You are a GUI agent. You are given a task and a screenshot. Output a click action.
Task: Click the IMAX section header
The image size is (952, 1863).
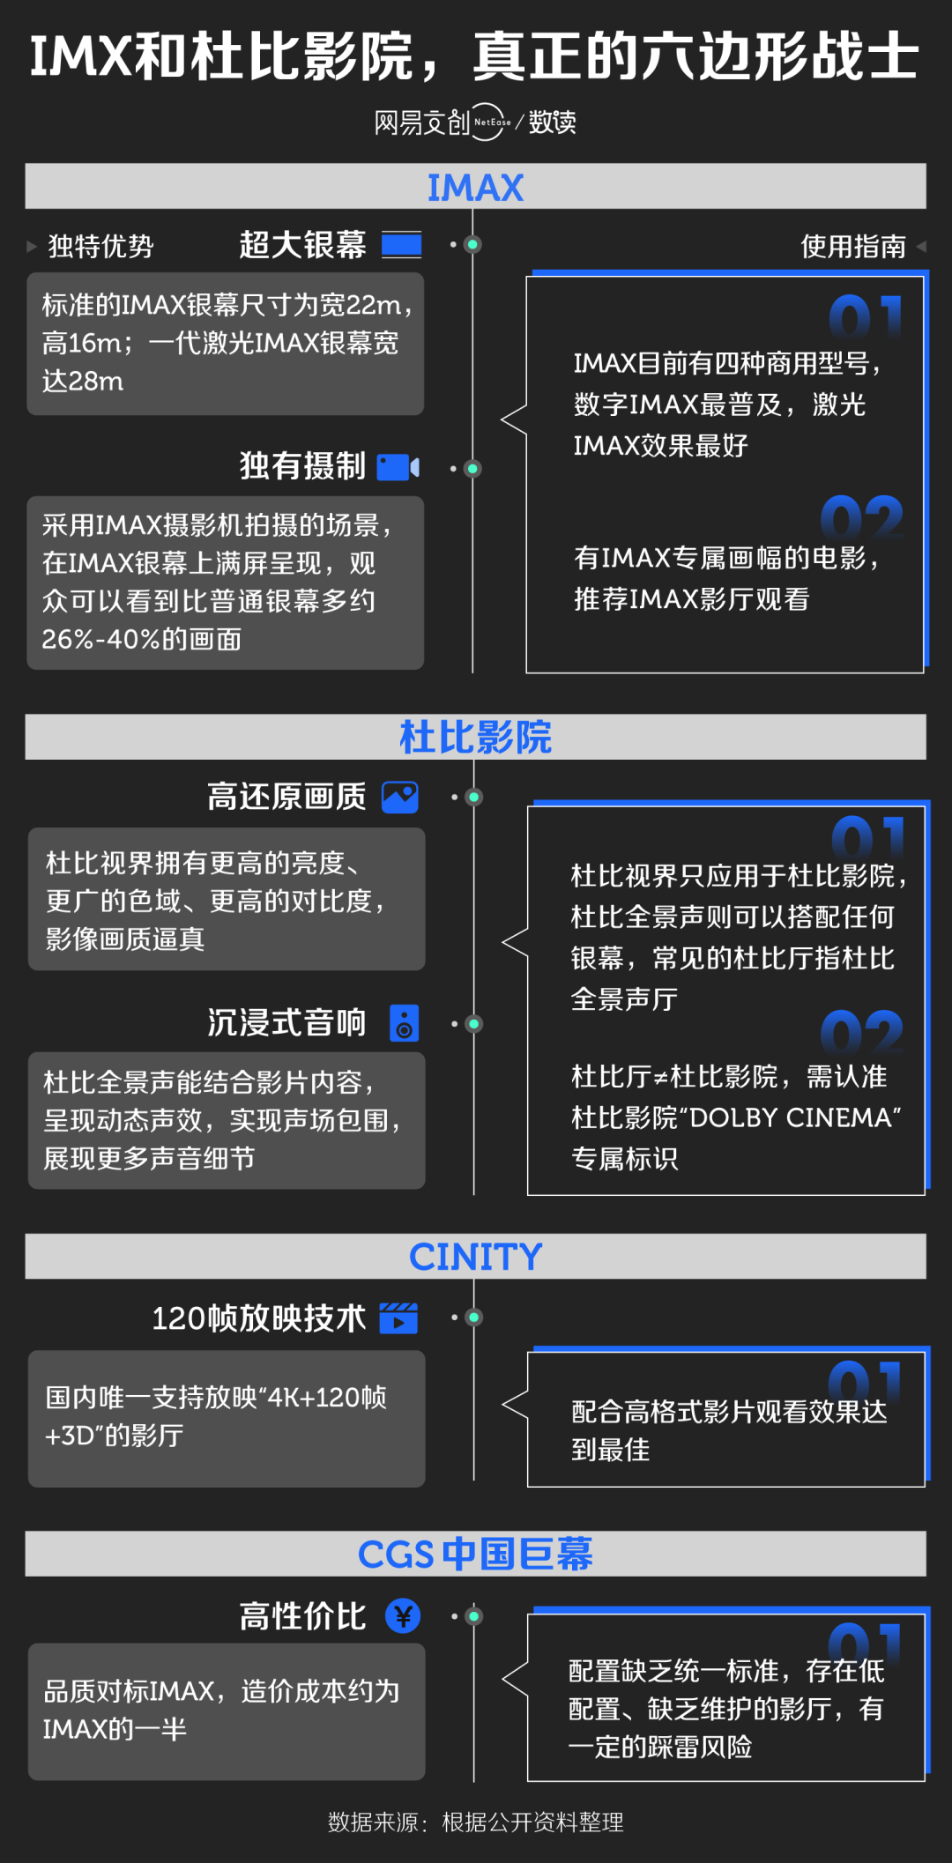click(475, 187)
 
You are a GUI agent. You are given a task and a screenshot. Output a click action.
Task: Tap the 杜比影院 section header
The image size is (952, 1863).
click(475, 737)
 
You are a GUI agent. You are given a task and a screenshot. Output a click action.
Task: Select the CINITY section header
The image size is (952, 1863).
click(475, 1257)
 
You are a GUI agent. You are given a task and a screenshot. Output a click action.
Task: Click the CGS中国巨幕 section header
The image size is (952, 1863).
click(475, 1554)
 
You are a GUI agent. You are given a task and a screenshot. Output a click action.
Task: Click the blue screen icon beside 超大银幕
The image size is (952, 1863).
click(401, 245)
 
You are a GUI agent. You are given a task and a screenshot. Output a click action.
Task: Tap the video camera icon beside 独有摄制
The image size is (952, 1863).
click(398, 467)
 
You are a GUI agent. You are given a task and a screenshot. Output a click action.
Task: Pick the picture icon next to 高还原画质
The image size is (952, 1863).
click(400, 797)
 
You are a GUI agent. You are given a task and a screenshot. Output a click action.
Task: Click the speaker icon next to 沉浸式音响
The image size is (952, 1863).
click(405, 1023)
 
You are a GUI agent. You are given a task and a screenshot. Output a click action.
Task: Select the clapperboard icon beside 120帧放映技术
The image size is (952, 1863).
click(398, 1317)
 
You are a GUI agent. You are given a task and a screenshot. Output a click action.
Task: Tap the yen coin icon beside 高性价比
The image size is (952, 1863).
click(403, 1615)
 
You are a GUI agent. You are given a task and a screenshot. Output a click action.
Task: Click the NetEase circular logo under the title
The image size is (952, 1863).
click(491, 122)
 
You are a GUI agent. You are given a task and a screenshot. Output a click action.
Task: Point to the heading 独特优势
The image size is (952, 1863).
click(100, 246)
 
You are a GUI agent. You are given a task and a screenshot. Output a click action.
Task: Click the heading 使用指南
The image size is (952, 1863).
click(852, 246)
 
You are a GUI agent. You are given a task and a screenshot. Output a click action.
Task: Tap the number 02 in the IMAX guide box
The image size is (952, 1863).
click(861, 518)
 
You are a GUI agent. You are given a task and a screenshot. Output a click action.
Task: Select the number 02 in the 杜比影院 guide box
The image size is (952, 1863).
click(861, 1033)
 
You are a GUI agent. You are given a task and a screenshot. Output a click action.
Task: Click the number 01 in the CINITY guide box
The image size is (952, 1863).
click(865, 1382)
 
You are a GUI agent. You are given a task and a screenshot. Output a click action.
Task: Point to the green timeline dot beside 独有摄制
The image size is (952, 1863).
click(472, 469)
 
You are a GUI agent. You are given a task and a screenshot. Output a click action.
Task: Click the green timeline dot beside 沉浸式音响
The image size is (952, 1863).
click(473, 1024)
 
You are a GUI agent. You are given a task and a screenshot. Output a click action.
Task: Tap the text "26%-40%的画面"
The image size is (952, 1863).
click(141, 639)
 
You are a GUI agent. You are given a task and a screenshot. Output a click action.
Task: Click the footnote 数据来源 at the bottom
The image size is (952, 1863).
click(475, 1822)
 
